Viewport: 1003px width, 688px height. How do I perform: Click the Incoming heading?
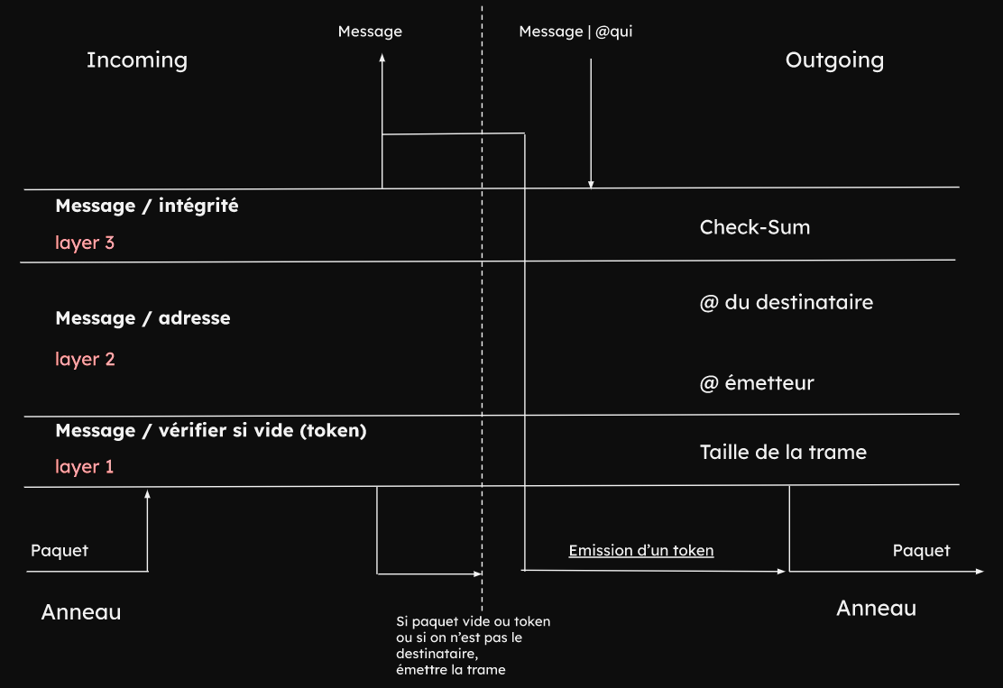tap(137, 60)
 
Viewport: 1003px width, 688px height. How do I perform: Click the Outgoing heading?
tap(834, 60)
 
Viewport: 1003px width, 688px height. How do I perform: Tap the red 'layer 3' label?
tap(85, 243)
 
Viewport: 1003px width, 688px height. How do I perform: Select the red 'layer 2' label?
tap(85, 359)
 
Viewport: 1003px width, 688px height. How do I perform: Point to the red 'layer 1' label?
tap(85, 467)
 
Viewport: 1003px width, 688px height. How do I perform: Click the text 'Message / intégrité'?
tap(147, 206)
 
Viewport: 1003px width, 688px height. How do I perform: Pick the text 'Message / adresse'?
tap(143, 318)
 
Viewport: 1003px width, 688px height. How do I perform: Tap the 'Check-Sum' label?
tap(755, 227)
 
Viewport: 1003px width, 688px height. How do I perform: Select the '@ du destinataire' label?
tap(787, 302)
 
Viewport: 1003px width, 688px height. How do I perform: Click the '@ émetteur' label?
tap(757, 383)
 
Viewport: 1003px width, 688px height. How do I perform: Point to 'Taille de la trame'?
tap(783, 452)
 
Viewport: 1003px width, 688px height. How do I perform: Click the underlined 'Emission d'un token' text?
tap(641, 550)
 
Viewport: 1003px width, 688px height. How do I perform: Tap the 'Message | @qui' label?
tap(576, 32)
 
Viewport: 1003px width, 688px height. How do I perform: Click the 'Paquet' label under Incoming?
tap(60, 550)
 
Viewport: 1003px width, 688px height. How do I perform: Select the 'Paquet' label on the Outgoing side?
tap(921, 550)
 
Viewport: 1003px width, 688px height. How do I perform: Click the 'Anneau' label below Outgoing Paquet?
tap(876, 608)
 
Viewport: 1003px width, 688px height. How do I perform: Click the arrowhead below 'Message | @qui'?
tap(591, 184)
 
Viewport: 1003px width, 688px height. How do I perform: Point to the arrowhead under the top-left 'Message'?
tap(382, 58)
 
